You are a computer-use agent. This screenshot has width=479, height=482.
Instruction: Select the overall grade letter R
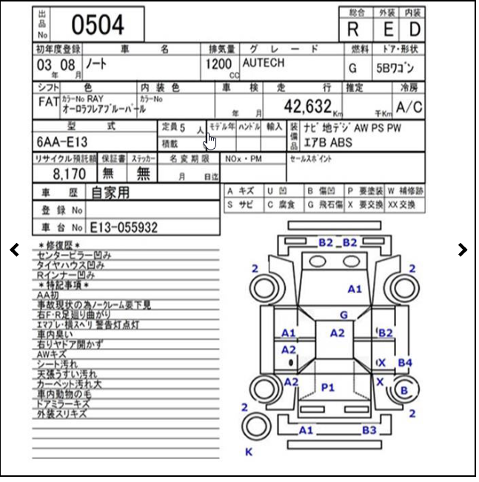[353, 30]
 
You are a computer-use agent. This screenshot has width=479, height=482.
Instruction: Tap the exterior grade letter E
[387, 30]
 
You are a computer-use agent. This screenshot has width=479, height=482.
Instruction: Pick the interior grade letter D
[414, 30]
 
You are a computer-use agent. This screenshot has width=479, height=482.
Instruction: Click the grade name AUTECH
[263, 64]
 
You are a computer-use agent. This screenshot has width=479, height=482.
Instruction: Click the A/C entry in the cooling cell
[409, 107]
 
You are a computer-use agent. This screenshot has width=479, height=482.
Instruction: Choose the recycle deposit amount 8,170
[69, 174]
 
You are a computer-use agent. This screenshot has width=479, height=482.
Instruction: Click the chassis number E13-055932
[124, 227]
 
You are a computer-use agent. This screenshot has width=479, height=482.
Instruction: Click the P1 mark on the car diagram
[328, 387]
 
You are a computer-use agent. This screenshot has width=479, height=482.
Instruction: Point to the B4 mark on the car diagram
[404, 363]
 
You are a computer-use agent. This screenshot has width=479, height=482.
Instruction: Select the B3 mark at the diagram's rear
[369, 430]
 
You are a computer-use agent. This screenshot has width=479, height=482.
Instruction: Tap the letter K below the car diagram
[249, 452]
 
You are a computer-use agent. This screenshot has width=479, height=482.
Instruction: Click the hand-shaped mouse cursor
[211, 141]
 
